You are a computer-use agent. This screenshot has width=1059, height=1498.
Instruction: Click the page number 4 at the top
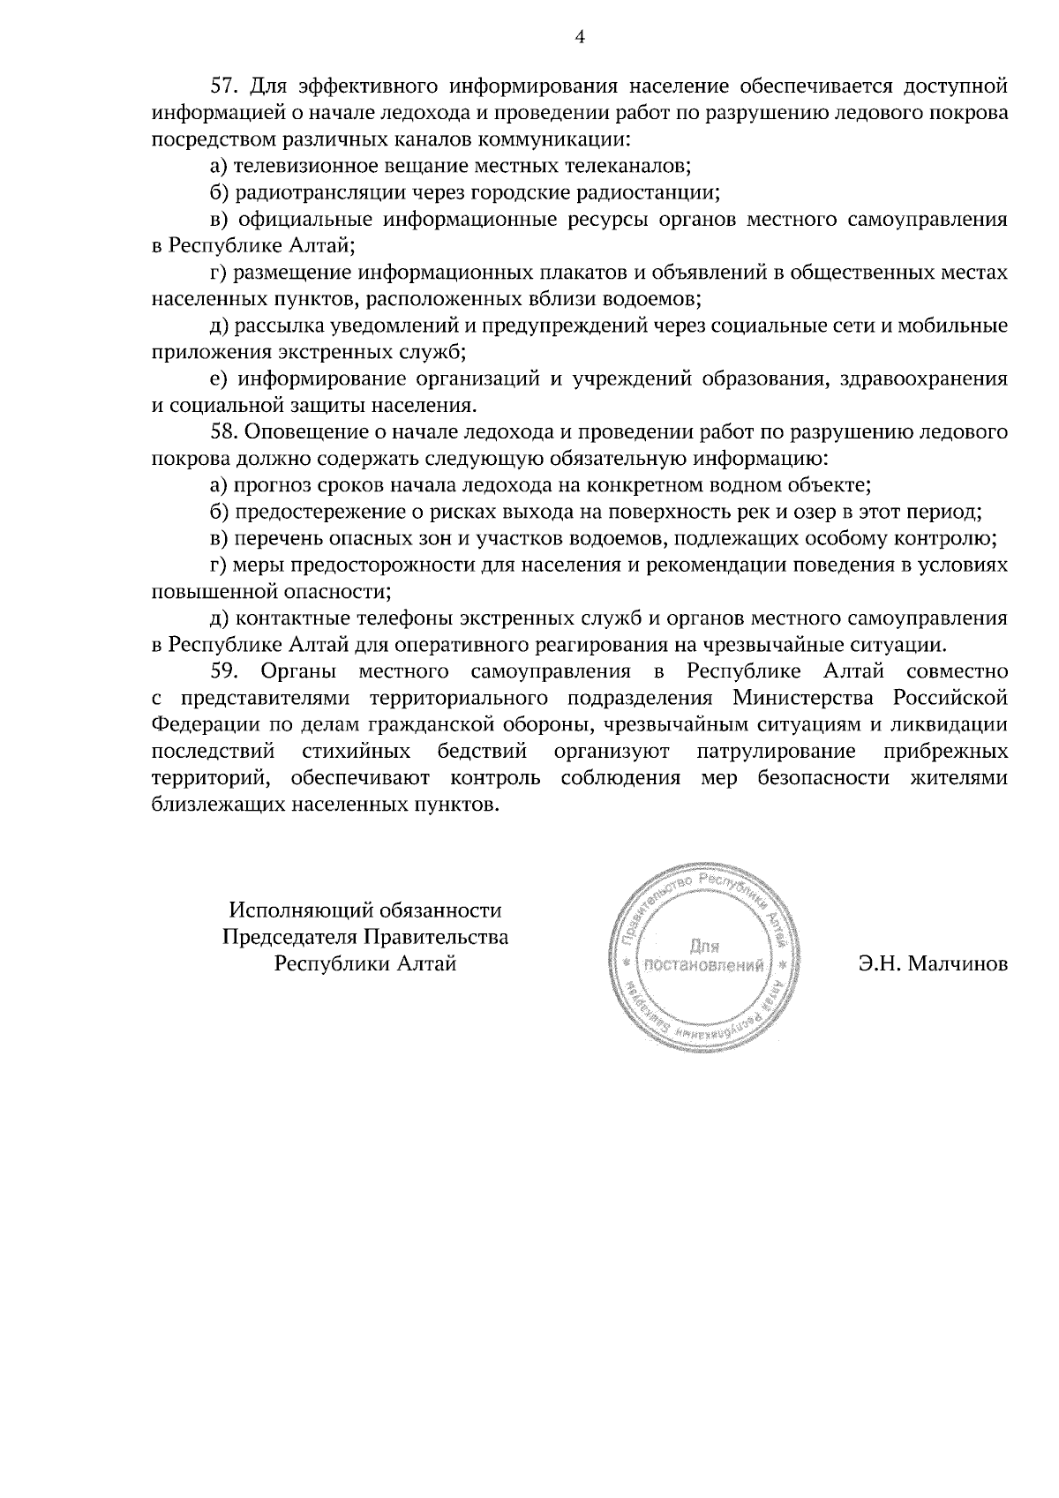click(x=579, y=36)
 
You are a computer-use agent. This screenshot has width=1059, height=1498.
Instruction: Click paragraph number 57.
click(x=225, y=86)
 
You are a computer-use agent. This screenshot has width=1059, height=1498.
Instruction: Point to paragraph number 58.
click(x=225, y=432)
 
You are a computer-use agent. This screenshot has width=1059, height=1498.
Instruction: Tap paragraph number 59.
click(x=225, y=672)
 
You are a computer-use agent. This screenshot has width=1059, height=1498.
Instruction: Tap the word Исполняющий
click(x=297, y=910)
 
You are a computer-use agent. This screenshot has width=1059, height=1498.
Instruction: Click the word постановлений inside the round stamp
click(x=704, y=966)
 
